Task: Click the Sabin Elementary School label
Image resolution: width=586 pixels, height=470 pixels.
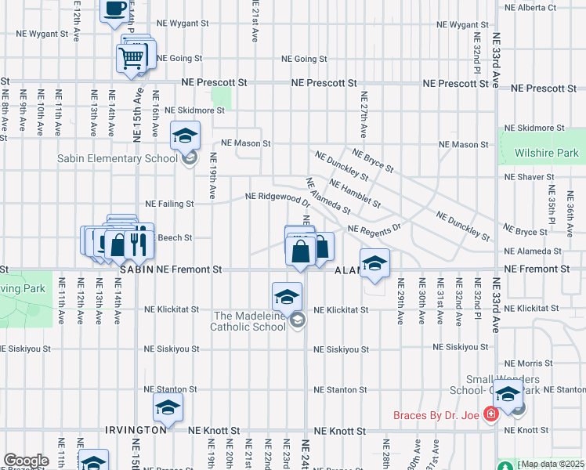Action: (x=118, y=158)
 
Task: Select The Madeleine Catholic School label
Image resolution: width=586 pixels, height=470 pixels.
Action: (x=250, y=321)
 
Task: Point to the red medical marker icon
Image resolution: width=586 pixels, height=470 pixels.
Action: (x=491, y=414)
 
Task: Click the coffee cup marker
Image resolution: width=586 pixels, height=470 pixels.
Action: (x=115, y=9)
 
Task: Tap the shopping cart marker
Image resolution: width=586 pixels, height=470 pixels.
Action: (x=131, y=57)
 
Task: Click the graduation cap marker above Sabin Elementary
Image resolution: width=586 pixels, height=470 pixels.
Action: (x=185, y=138)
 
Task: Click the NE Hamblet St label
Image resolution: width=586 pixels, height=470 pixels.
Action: (x=355, y=193)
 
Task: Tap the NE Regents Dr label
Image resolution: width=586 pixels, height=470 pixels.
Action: (x=374, y=229)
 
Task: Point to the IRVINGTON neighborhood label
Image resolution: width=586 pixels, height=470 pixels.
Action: (x=136, y=430)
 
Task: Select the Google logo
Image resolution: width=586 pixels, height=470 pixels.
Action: (x=26, y=461)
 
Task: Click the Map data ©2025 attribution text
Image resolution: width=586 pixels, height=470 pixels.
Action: (x=553, y=464)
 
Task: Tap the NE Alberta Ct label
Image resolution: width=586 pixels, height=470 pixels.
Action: (x=530, y=7)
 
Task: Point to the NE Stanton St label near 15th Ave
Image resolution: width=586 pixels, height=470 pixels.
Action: (x=171, y=389)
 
